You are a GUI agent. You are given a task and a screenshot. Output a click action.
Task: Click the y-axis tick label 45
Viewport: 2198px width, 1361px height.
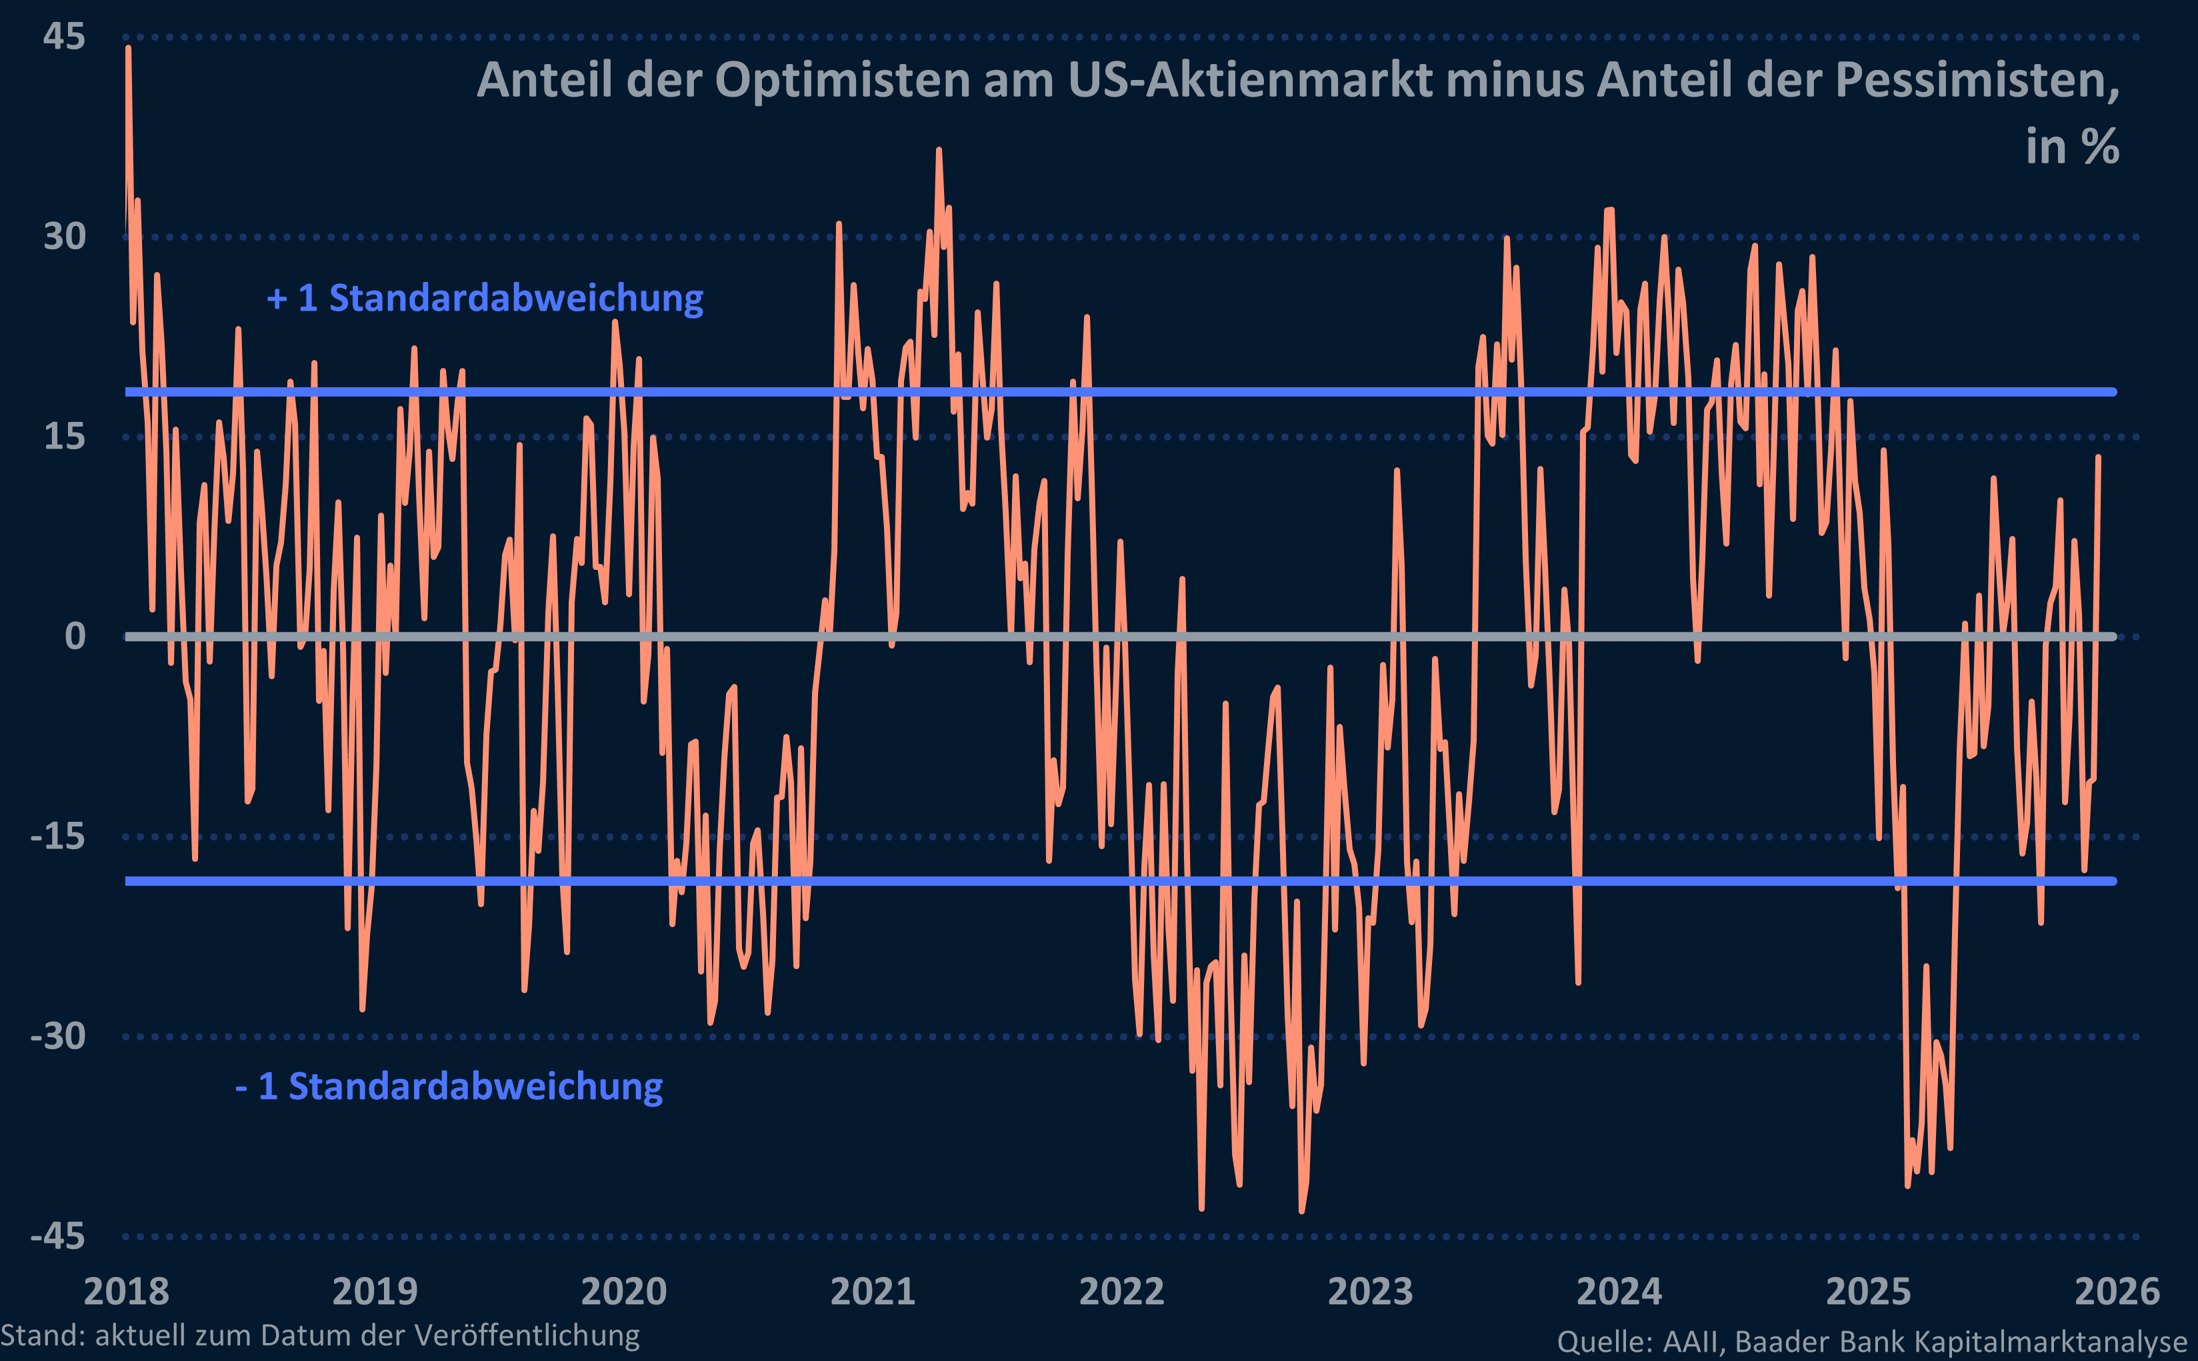click(64, 37)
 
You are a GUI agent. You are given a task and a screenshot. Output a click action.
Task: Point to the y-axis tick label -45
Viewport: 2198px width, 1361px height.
click(57, 1236)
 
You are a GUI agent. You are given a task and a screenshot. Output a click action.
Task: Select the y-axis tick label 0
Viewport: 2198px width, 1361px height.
click(75, 637)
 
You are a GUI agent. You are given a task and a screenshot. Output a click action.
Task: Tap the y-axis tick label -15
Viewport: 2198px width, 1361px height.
click(57, 836)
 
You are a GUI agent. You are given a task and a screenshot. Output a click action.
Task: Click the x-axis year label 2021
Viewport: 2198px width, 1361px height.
click(872, 1291)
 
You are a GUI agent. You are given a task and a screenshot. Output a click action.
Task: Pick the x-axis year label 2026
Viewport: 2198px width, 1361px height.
click(2117, 1291)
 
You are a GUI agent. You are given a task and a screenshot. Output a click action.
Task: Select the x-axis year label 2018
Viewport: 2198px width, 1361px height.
click(126, 1291)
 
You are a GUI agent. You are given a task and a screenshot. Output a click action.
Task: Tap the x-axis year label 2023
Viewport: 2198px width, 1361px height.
click(1370, 1291)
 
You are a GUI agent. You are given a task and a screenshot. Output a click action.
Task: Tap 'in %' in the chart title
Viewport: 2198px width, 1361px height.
click(2072, 147)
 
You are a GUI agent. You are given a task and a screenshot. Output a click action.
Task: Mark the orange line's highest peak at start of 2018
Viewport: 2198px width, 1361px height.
click(129, 48)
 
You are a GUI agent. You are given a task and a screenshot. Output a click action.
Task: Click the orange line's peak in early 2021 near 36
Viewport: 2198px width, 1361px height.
click(939, 151)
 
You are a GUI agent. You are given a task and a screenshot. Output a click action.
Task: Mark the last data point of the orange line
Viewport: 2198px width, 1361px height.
click(2098, 457)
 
